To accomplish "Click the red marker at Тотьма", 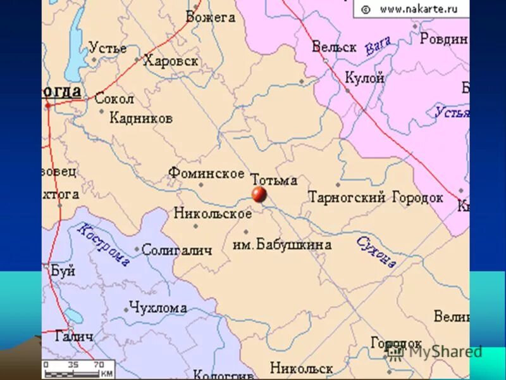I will tap(259, 194).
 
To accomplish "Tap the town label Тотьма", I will tap(274, 180).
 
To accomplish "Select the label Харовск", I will tap(171, 61).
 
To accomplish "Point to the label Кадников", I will tap(141, 118).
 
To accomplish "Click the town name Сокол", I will tap(114, 99).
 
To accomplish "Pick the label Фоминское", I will tap(206, 173).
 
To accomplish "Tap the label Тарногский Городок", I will tap(375, 198).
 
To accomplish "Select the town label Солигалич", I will tap(176, 250).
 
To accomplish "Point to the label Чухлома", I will tap(157, 308).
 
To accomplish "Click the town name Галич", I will tap(74, 336).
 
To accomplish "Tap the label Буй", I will tap(63, 271).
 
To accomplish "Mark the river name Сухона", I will tap(376, 251).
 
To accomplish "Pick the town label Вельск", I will tap(334, 47).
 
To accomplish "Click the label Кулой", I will tap(364, 79).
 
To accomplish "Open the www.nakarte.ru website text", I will tap(418, 9).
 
